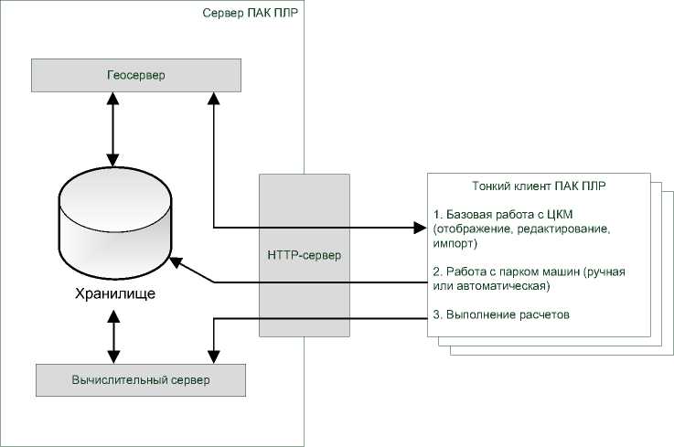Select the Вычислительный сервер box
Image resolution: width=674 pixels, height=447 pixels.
(x=140, y=378)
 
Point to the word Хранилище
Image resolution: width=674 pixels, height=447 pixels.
(x=115, y=294)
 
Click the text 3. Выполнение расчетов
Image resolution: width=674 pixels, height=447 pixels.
(x=501, y=314)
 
